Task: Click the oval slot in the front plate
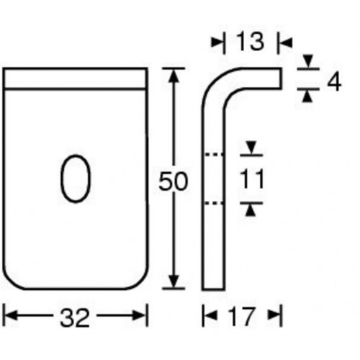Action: coord(75,177)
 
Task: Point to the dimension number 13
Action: coord(245,44)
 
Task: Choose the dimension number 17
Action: coord(243,315)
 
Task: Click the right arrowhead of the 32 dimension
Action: coord(142,315)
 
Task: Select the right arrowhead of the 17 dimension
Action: coord(275,315)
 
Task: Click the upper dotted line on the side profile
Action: coord(214,155)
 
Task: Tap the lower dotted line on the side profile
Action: coord(214,204)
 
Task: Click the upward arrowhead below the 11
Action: coord(250,209)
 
